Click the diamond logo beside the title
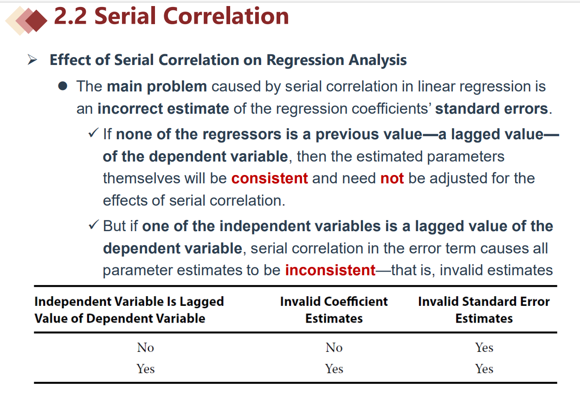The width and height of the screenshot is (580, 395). tap(26, 20)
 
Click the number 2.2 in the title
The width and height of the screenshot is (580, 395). tap(70, 16)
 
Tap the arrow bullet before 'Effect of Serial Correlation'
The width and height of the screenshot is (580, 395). tap(32, 60)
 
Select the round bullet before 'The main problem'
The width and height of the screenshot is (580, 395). tap(63, 86)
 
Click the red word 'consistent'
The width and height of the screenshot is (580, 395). tap(270, 178)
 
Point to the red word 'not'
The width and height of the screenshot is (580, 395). tap(392, 178)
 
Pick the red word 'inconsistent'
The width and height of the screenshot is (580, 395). tap(330, 270)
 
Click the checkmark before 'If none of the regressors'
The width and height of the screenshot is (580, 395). tap(93, 133)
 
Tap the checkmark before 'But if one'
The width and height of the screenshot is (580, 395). tap(93, 225)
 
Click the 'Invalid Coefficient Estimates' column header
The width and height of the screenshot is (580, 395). tap(334, 310)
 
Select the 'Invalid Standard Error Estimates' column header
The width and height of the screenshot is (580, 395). tap(484, 310)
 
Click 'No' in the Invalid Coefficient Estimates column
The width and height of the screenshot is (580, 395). tap(334, 347)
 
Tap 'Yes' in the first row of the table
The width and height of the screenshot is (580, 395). tap(484, 347)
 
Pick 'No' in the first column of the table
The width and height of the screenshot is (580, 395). tap(146, 347)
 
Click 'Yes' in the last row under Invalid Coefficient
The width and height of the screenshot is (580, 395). tap(334, 369)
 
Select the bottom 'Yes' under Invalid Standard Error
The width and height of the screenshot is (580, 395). tap(484, 369)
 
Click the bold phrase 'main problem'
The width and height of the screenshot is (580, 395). tap(157, 86)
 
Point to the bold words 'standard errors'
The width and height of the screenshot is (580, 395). tap(491, 109)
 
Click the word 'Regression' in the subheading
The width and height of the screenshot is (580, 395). tap(305, 60)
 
